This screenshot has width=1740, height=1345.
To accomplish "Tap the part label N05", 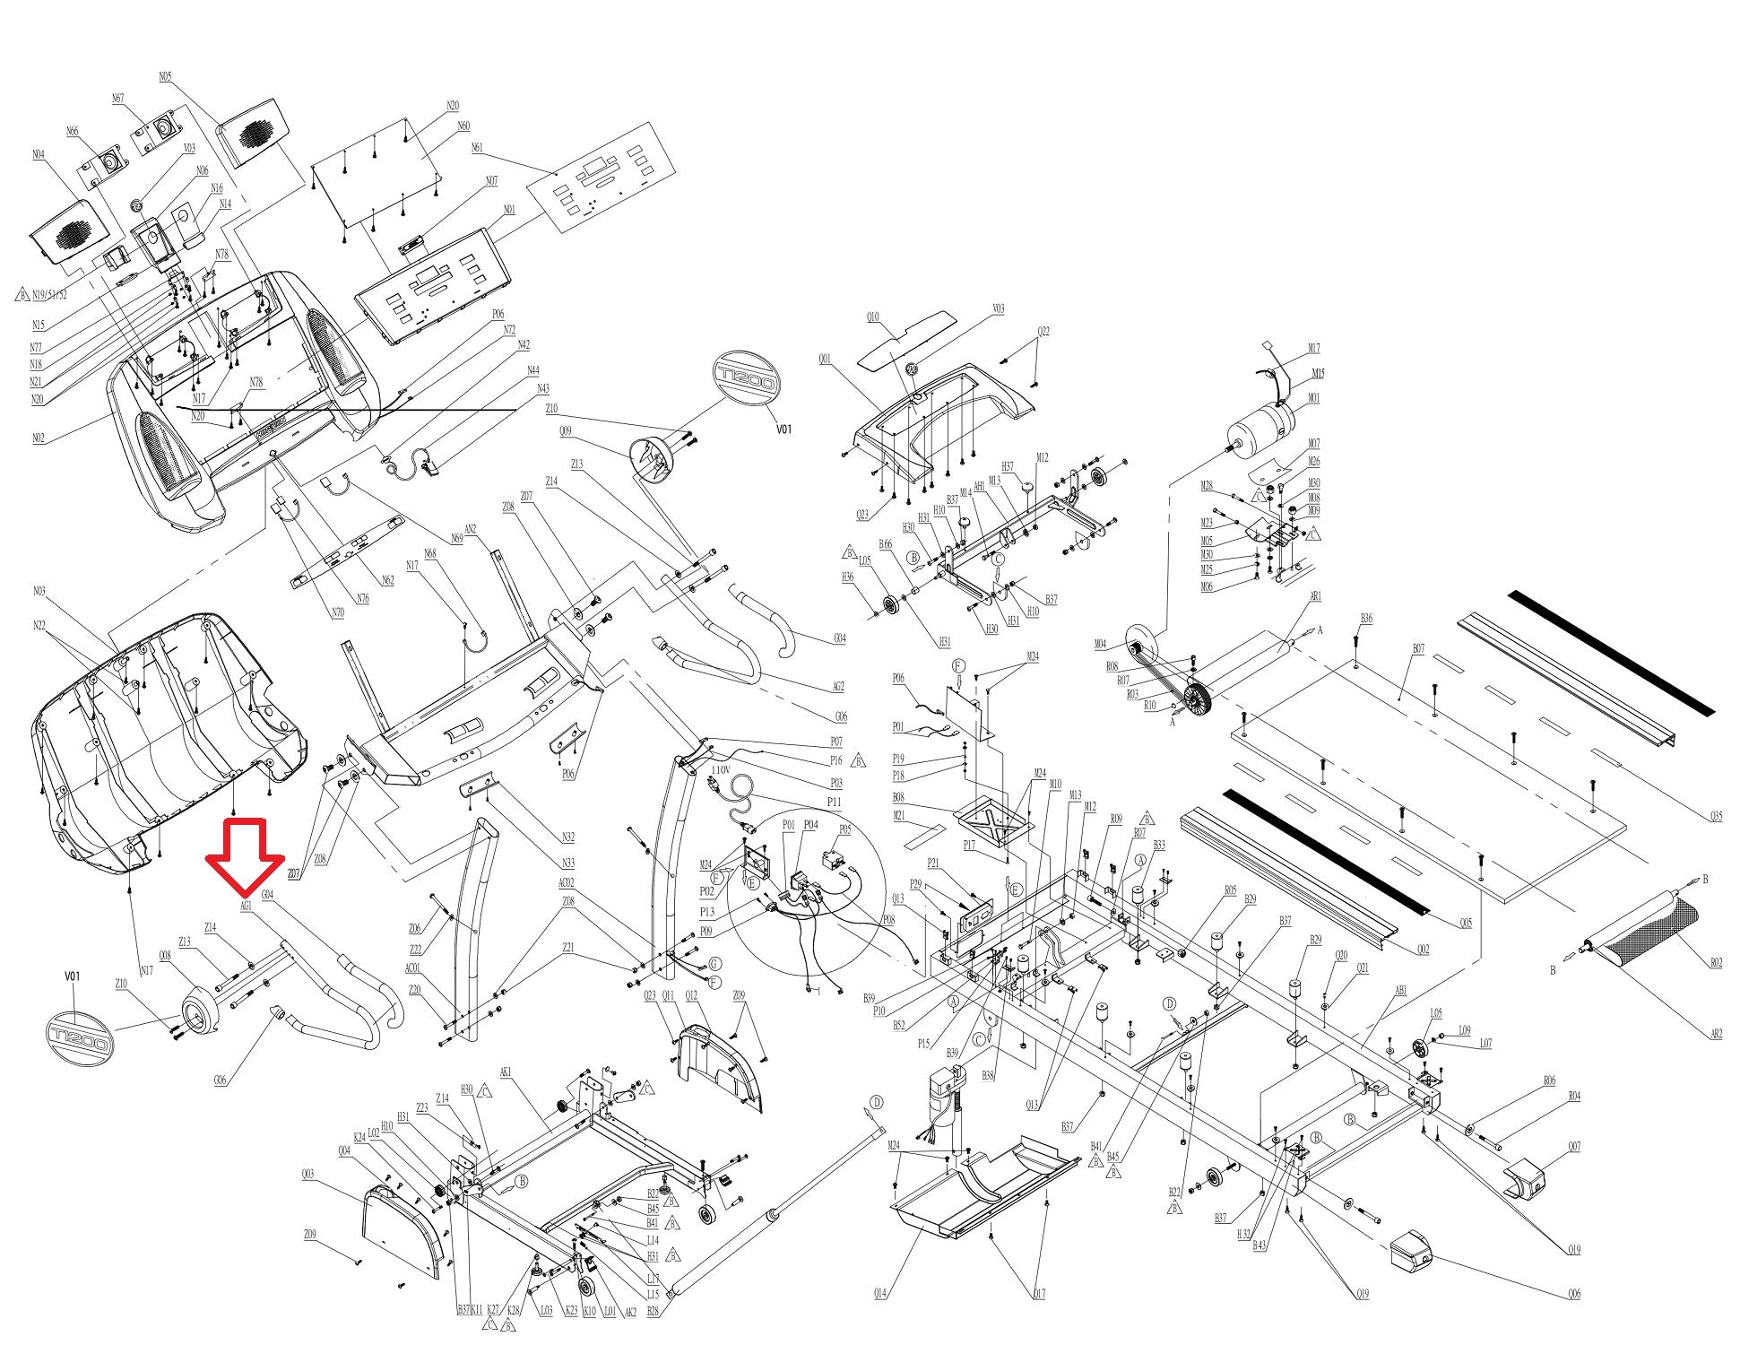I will (x=165, y=77).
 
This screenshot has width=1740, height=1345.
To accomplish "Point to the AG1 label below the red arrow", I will (x=246, y=906).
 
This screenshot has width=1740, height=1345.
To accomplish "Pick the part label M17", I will (x=1314, y=349).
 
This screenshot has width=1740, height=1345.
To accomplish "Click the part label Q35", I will (x=1716, y=816).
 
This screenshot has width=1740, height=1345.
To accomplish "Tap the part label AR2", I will (x=1716, y=1034).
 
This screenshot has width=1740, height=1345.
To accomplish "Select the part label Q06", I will (x=1574, y=1294).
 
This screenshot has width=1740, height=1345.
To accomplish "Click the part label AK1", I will (x=506, y=1097).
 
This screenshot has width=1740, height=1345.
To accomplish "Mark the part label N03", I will (x=39, y=591).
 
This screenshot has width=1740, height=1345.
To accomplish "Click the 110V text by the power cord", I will (x=721, y=769).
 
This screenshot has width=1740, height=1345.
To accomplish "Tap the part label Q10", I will (x=872, y=317).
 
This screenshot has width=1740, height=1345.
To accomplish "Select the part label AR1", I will (x=1316, y=596).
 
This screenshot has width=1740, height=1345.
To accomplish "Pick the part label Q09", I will (x=565, y=431).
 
